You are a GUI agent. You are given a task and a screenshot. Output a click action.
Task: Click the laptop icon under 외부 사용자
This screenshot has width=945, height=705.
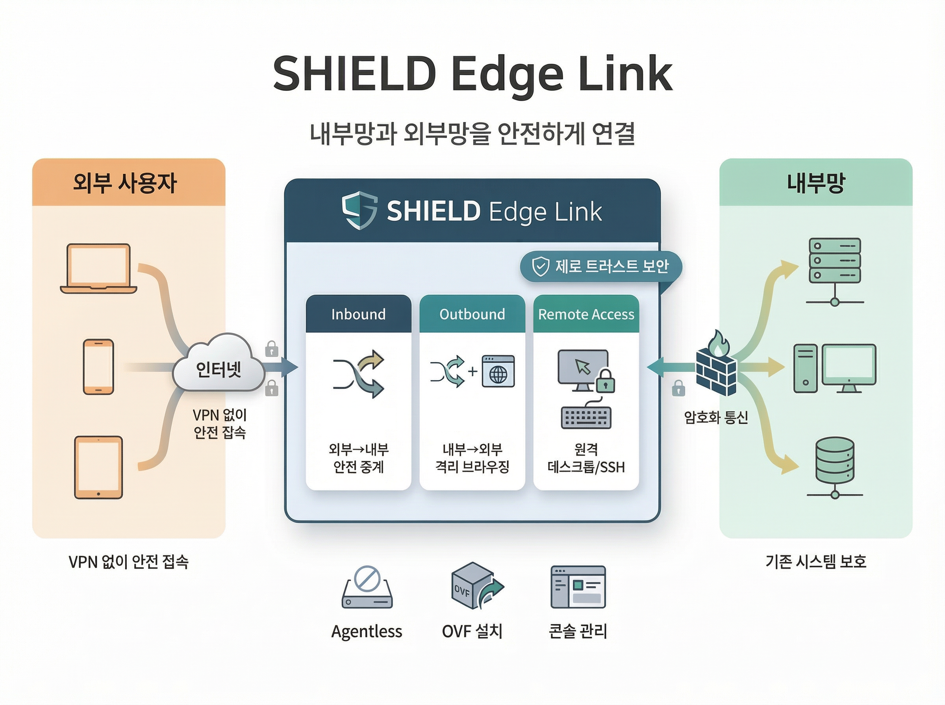98,268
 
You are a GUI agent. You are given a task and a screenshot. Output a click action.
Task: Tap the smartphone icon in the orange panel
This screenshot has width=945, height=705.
98,367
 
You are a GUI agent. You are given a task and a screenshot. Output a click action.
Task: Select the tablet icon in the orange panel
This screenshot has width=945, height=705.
98,467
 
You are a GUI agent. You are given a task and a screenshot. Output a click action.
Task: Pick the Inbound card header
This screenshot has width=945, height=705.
358,314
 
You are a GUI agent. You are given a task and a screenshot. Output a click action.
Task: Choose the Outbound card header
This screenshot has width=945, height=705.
472,314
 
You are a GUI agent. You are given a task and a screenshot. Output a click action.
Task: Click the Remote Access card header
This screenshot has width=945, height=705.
586,314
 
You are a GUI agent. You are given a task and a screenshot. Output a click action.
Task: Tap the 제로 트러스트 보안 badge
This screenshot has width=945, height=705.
600,266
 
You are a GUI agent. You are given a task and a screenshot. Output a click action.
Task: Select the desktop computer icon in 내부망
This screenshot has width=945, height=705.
834,368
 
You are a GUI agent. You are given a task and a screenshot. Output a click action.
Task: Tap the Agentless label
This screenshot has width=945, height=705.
367,631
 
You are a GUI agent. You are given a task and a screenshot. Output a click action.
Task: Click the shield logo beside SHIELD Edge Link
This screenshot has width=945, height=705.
359,210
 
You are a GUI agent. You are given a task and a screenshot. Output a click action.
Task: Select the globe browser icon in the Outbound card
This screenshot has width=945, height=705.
498,371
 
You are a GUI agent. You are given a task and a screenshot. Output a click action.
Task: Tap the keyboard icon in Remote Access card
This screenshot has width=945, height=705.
586,417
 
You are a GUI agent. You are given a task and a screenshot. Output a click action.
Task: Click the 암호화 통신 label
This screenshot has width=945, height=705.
716,417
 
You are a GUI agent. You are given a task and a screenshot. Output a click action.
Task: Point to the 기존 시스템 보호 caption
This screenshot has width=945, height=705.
815,561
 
